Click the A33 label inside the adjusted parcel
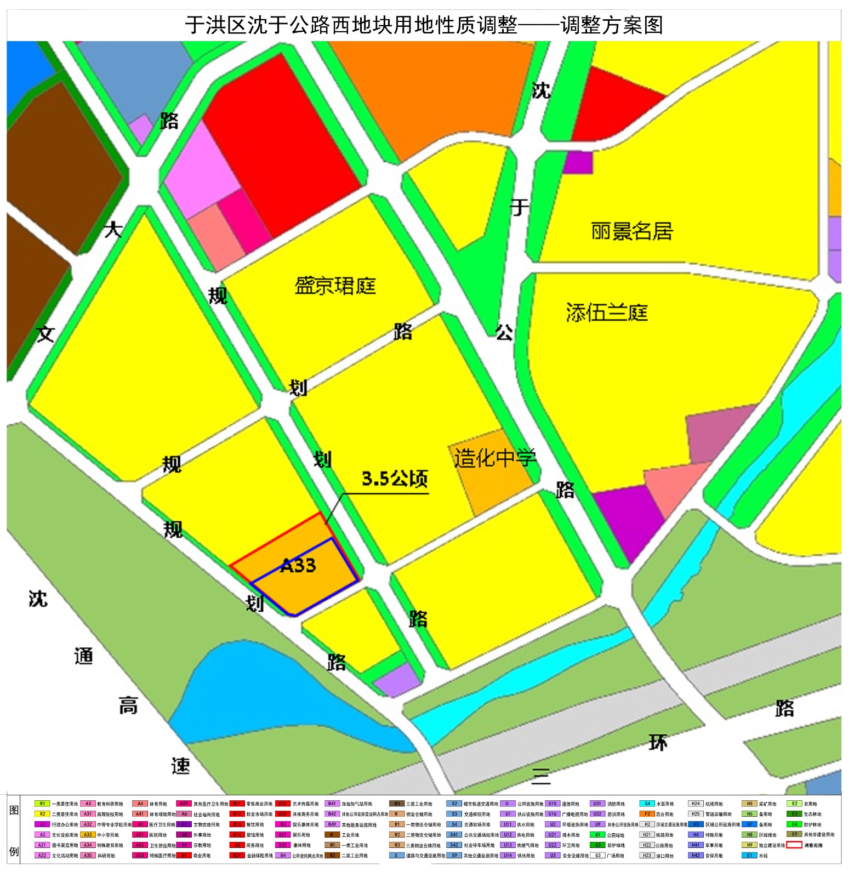coord(298,565)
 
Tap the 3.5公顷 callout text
coord(395,479)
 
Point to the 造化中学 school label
coord(494,458)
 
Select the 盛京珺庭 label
coord(335,286)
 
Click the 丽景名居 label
coord(631,231)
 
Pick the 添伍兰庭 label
coord(607,312)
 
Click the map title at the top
coord(424,25)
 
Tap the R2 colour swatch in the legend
coord(42,814)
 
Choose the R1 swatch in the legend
coord(42,804)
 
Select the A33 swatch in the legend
coord(88,835)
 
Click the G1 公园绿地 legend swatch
coord(598,835)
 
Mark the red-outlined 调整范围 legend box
coord(794,845)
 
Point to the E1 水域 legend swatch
coord(750,855)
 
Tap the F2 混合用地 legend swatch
coord(647,814)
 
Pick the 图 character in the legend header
coord(14,810)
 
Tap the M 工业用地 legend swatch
coord(332,835)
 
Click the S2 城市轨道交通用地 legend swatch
coord(454,804)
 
